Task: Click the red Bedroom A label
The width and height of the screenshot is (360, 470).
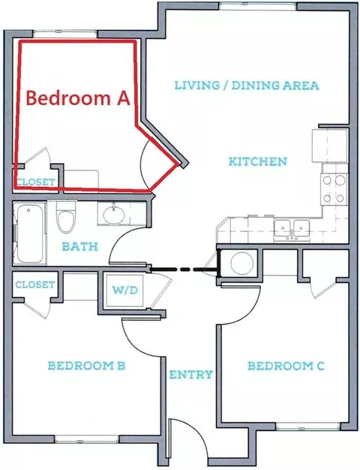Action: tap(78, 98)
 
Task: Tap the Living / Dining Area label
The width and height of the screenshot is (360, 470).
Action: tap(247, 86)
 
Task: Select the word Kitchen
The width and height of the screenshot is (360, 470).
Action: tap(258, 161)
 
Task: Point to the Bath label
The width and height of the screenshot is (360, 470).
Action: tap(80, 246)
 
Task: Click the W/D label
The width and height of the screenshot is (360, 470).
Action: tap(125, 290)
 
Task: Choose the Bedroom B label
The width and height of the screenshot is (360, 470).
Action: tap(86, 366)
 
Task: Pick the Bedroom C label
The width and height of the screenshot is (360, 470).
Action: tap(286, 366)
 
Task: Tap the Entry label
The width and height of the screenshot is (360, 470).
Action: tap(191, 375)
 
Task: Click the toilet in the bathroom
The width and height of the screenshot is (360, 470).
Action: tap(66, 217)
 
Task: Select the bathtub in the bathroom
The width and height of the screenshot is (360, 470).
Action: tap(30, 233)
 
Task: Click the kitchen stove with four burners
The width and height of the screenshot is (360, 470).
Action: tap(334, 189)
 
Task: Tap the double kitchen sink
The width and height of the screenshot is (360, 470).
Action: tap(291, 230)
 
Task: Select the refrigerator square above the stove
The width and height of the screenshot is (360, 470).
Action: tap(329, 146)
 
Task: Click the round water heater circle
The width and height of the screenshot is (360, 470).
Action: tap(243, 263)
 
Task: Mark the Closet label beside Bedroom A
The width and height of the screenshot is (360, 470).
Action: tap(36, 182)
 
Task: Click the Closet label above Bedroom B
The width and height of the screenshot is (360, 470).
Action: tap(35, 285)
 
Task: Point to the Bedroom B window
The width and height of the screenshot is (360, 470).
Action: tap(87, 440)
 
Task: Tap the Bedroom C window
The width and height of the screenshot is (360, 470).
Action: tap(308, 426)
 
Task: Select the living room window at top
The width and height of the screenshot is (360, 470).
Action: tap(258, 6)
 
